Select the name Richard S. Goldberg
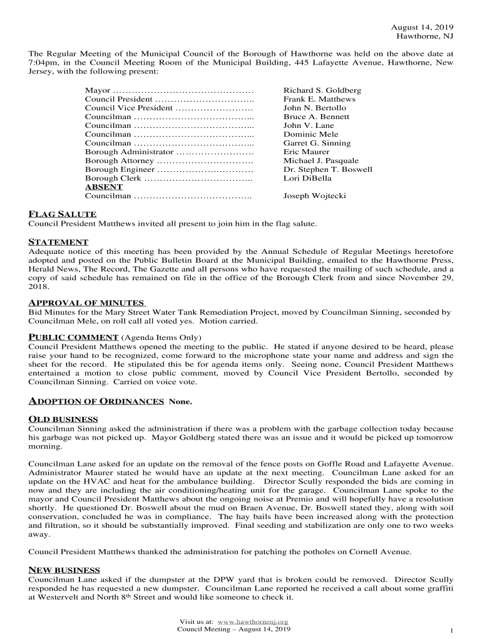tap(322, 90)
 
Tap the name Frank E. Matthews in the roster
tap(319, 99)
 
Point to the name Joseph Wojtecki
tap(314, 196)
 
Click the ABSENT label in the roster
tap(104, 187)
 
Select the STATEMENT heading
tap(58, 242)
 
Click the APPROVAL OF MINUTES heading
tap(87, 303)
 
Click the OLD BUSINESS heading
tap(63, 419)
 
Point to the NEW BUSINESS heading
tap(64, 570)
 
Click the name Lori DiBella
tap(307, 178)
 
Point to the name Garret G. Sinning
tap(317, 143)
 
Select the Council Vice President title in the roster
tap(128, 108)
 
